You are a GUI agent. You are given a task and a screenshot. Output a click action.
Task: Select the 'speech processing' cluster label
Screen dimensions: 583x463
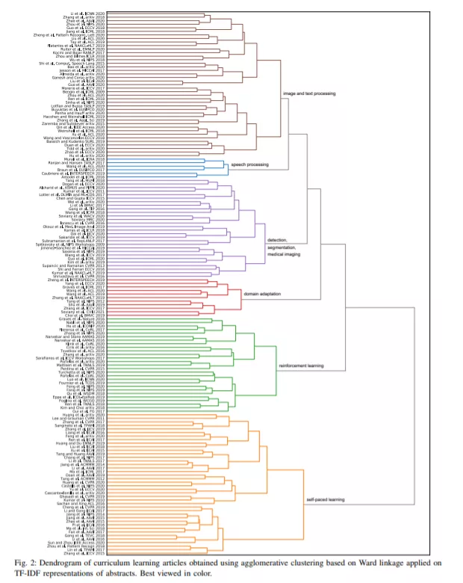point(250,163)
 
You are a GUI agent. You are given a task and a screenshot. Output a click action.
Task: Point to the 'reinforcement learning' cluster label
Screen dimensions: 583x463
point(300,365)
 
